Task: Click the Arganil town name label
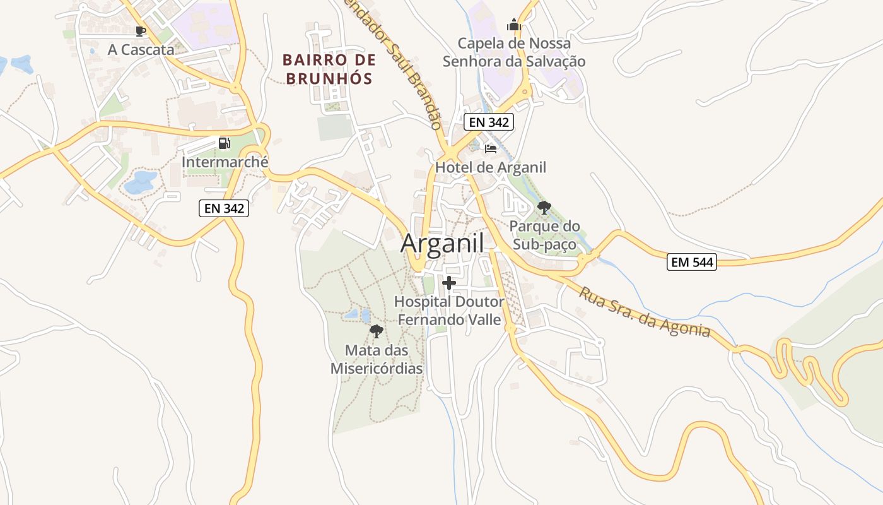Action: [442, 243]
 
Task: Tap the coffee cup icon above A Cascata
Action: [141, 31]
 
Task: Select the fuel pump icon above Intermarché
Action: [224, 143]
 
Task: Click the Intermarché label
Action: [225, 162]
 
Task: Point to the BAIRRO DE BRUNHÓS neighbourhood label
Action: [329, 69]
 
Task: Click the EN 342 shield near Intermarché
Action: [224, 208]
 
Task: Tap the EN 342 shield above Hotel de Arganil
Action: [488, 122]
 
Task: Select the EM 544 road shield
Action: [692, 262]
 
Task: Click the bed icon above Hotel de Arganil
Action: [491, 149]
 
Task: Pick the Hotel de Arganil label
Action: [490, 167]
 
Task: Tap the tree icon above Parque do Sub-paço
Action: [544, 207]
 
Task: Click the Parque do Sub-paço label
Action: [544, 235]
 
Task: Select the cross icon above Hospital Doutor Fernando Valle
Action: [449, 283]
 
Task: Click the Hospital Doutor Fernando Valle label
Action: [449, 311]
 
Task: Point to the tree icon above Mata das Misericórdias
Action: [377, 331]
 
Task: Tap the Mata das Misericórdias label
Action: [377, 359]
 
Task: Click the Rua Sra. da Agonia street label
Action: [645, 313]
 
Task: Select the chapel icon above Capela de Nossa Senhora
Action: [514, 25]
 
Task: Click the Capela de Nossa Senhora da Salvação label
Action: [514, 52]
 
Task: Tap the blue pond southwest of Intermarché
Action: [140, 182]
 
